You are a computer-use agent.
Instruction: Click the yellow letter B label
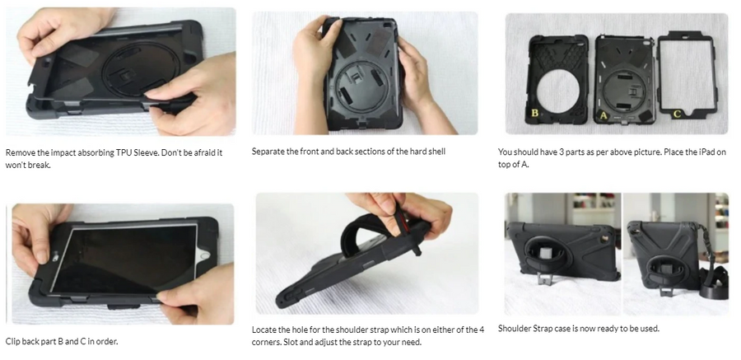coord(535,113)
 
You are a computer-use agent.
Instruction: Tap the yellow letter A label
coord(603,115)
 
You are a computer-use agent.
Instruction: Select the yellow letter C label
coord(677,114)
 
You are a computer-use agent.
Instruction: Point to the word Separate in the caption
coord(268,152)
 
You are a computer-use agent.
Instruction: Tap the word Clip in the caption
coord(12,341)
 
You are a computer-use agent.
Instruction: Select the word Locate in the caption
coord(264,330)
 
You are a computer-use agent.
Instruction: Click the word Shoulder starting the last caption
coord(514,329)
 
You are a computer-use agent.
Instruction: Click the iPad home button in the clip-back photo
coord(205,256)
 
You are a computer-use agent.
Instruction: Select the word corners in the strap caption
coord(266,342)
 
